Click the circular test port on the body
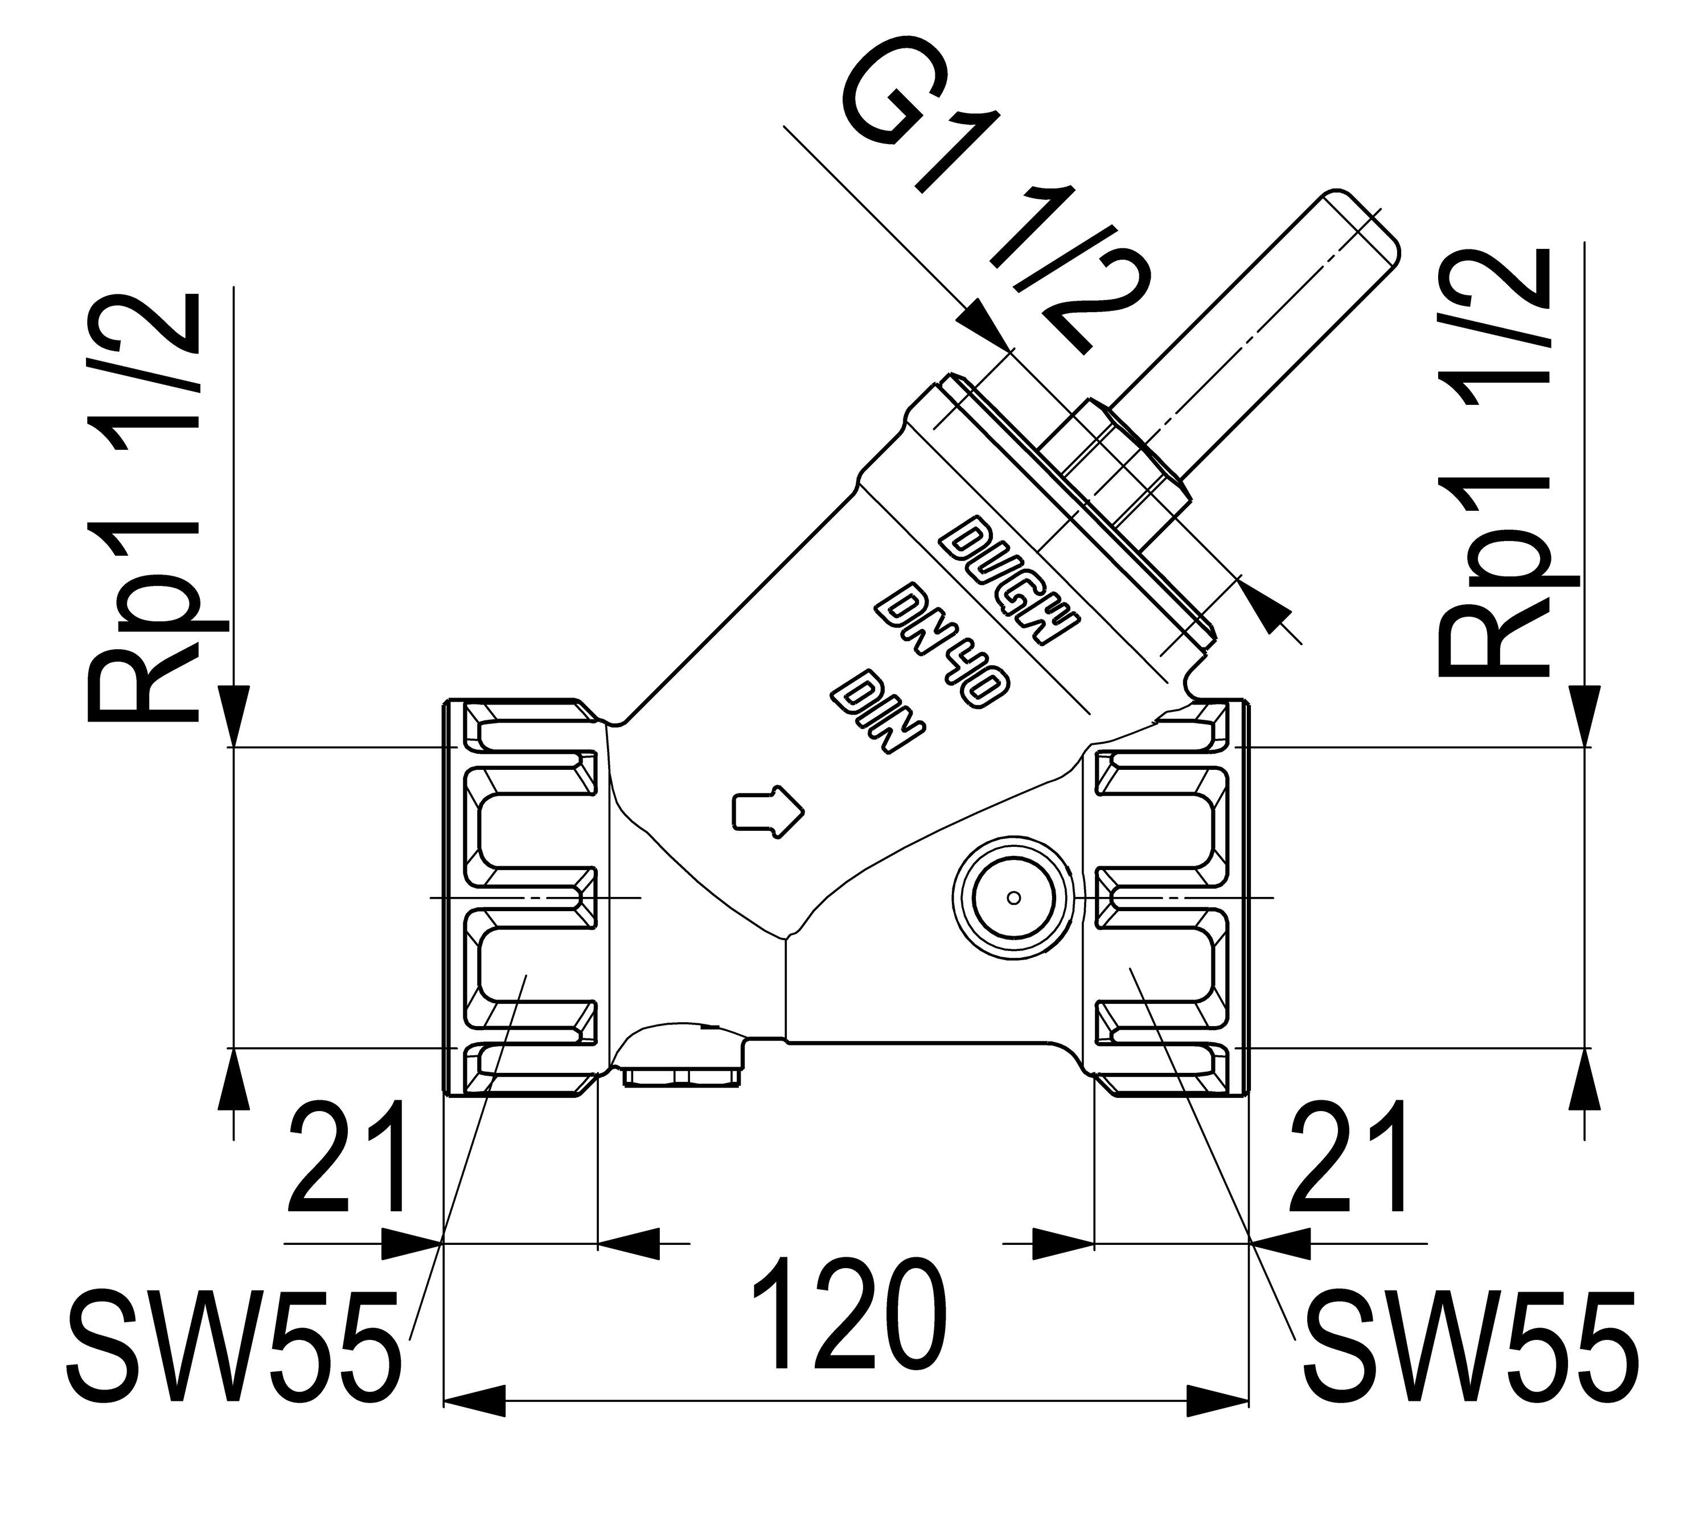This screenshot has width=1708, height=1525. click(1013, 898)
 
